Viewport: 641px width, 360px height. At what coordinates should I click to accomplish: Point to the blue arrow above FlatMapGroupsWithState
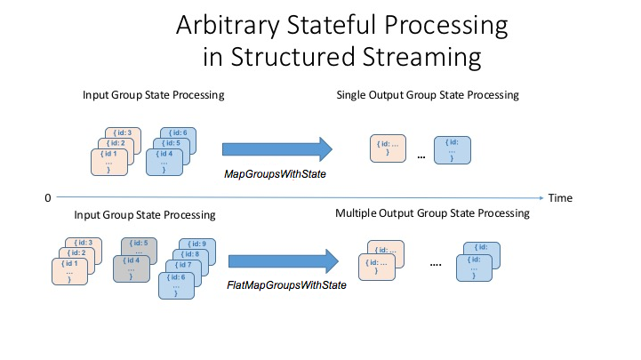click(x=284, y=260)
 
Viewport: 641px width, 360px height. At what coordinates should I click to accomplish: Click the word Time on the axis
click(x=560, y=197)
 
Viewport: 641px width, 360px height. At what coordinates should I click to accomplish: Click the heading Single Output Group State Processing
click(x=428, y=95)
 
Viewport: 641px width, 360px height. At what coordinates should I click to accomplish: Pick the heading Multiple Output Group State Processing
click(x=433, y=213)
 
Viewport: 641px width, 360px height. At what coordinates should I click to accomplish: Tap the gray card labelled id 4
click(x=130, y=266)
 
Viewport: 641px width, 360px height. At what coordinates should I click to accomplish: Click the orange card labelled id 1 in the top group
click(x=108, y=163)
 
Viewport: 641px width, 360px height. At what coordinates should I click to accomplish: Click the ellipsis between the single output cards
click(x=421, y=157)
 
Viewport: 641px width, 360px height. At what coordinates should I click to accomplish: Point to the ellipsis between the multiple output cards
click(x=436, y=265)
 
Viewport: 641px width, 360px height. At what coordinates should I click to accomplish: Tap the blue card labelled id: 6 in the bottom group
click(x=177, y=285)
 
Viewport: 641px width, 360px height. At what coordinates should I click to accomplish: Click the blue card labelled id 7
click(x=182, y=267)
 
